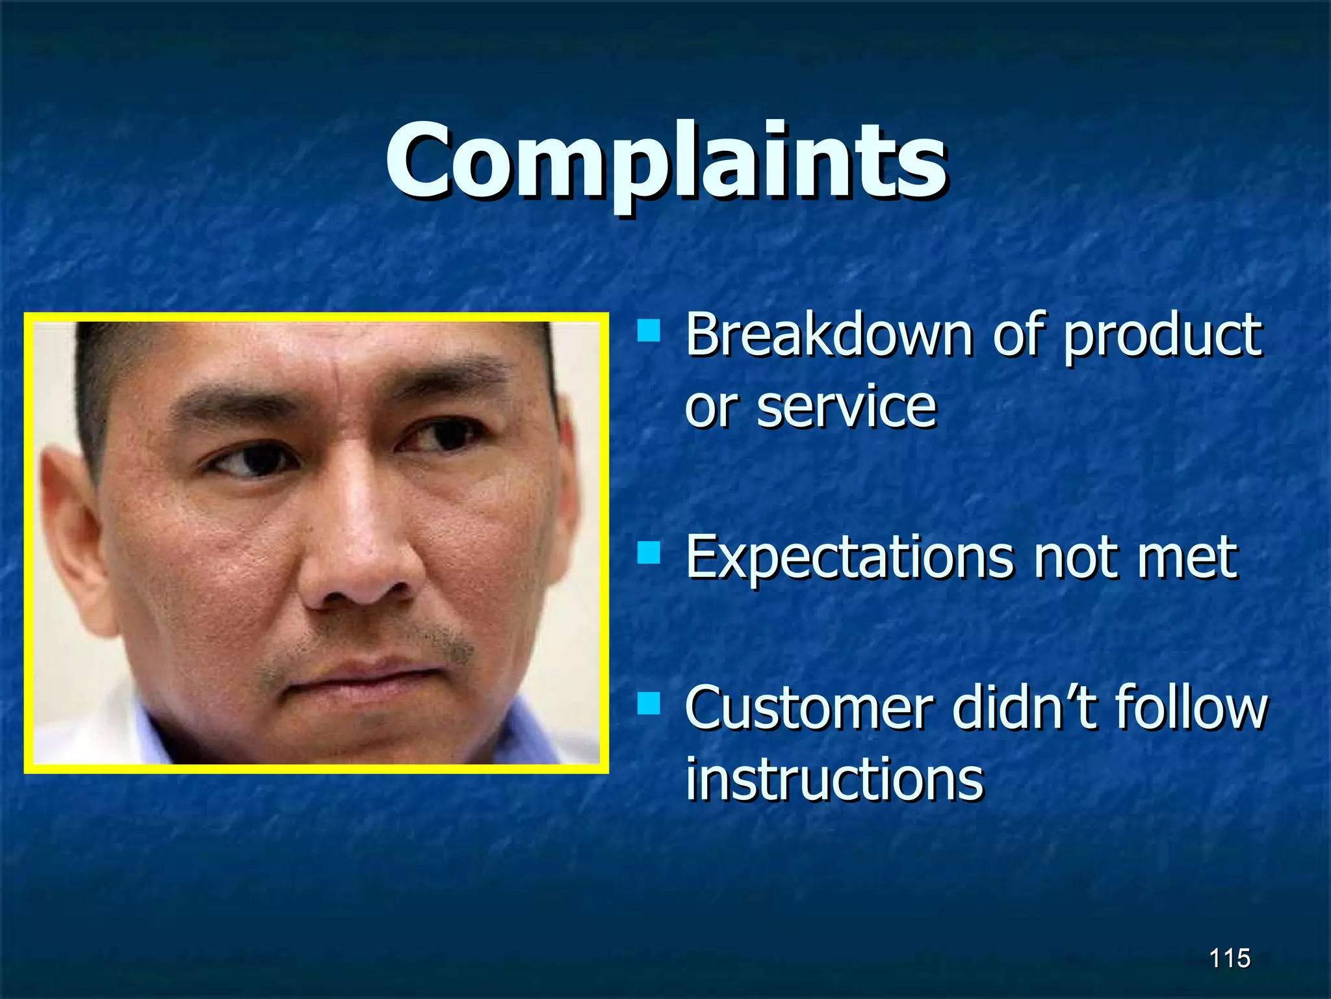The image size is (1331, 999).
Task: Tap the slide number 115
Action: click(1230, 959)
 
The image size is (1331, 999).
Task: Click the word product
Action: click(1163, 337)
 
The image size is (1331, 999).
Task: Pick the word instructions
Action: click(834, 779)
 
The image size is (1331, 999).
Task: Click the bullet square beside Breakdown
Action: click(649, 331)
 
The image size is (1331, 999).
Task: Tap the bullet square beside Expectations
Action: click(649, 553)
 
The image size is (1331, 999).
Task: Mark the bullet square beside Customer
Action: click(649, 703)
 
